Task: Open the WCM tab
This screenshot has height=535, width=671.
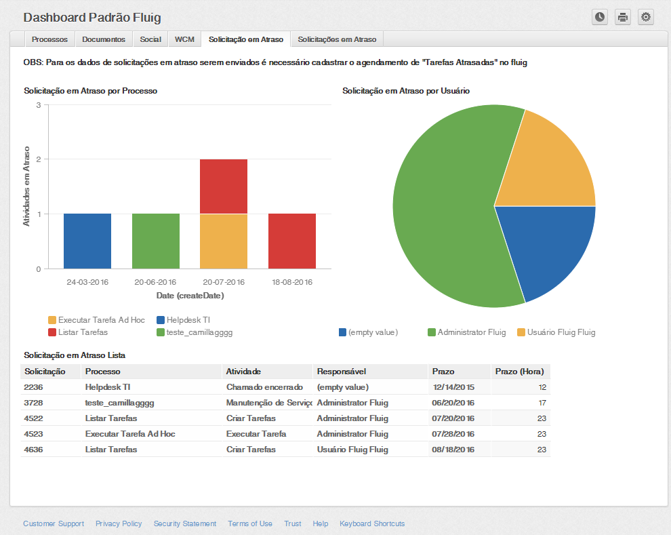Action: [184, 39]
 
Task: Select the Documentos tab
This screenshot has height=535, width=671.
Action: [104, 39]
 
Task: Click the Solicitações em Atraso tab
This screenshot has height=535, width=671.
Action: [338, 39]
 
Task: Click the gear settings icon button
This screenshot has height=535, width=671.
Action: [645, 17]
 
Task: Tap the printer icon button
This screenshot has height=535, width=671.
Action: [623, 17]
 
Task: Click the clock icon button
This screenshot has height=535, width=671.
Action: [600, 17]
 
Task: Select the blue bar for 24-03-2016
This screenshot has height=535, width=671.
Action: [87, 241]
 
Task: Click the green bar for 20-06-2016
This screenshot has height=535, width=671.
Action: [156, 241]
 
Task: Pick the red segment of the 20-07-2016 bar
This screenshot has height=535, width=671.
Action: [224, 186]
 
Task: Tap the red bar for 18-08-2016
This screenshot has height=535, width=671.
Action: [292, 241]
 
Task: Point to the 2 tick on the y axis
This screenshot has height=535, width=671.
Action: [39, 159]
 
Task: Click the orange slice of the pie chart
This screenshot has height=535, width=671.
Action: [552, 163]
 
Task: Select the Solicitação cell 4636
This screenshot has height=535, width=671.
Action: [34, 450]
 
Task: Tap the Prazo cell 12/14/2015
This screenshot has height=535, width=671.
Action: [453, 387]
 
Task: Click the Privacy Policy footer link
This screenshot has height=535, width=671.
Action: [119, 523]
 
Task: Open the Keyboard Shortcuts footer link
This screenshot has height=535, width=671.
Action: [372, 523]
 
